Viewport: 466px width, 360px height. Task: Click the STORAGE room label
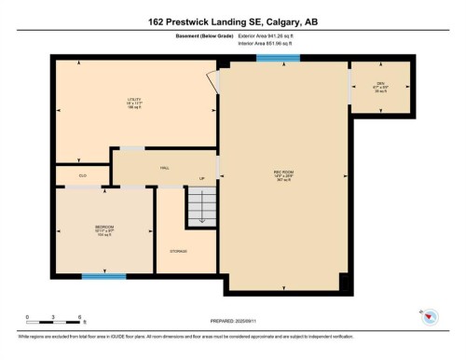click(x=178, y=251)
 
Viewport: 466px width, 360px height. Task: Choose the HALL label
click(x=164, y=168)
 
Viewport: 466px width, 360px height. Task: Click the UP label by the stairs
click(x=200, y=178)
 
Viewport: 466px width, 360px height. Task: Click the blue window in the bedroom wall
click(x=103, y=276)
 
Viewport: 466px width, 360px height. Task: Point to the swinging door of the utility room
click(x=215, y=82)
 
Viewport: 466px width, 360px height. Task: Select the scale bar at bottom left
click(x=54, y=320)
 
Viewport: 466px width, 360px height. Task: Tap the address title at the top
click(x=233, y=21)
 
